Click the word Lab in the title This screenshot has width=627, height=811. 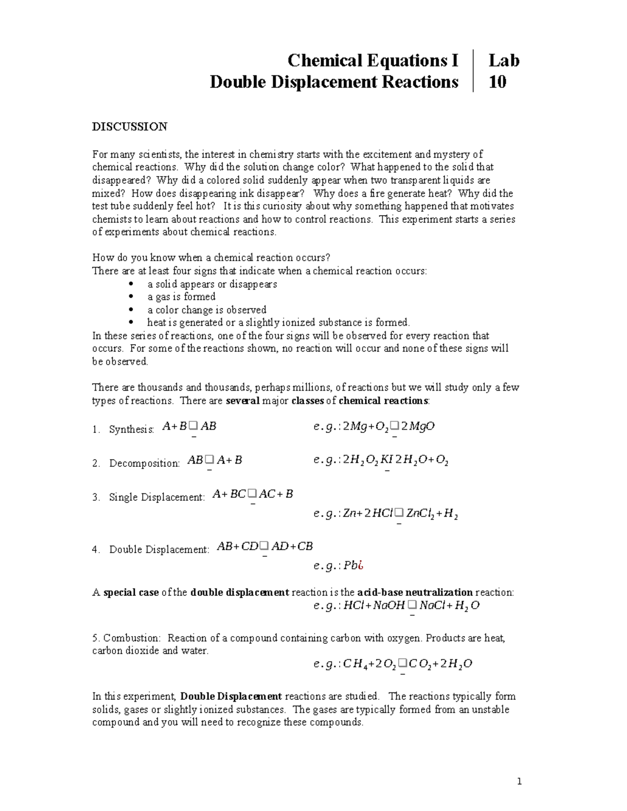[504, 61]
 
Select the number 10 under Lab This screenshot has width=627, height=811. [497, 82]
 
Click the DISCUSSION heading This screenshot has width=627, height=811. [130, 127]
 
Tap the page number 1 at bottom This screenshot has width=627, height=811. [519, 782]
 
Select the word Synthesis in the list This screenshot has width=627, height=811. [131, 429]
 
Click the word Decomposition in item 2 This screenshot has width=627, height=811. [144, 463]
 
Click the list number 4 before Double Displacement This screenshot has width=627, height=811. [95, 549]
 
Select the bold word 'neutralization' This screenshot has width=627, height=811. [440, 593]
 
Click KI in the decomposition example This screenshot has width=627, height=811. [387, 460]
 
